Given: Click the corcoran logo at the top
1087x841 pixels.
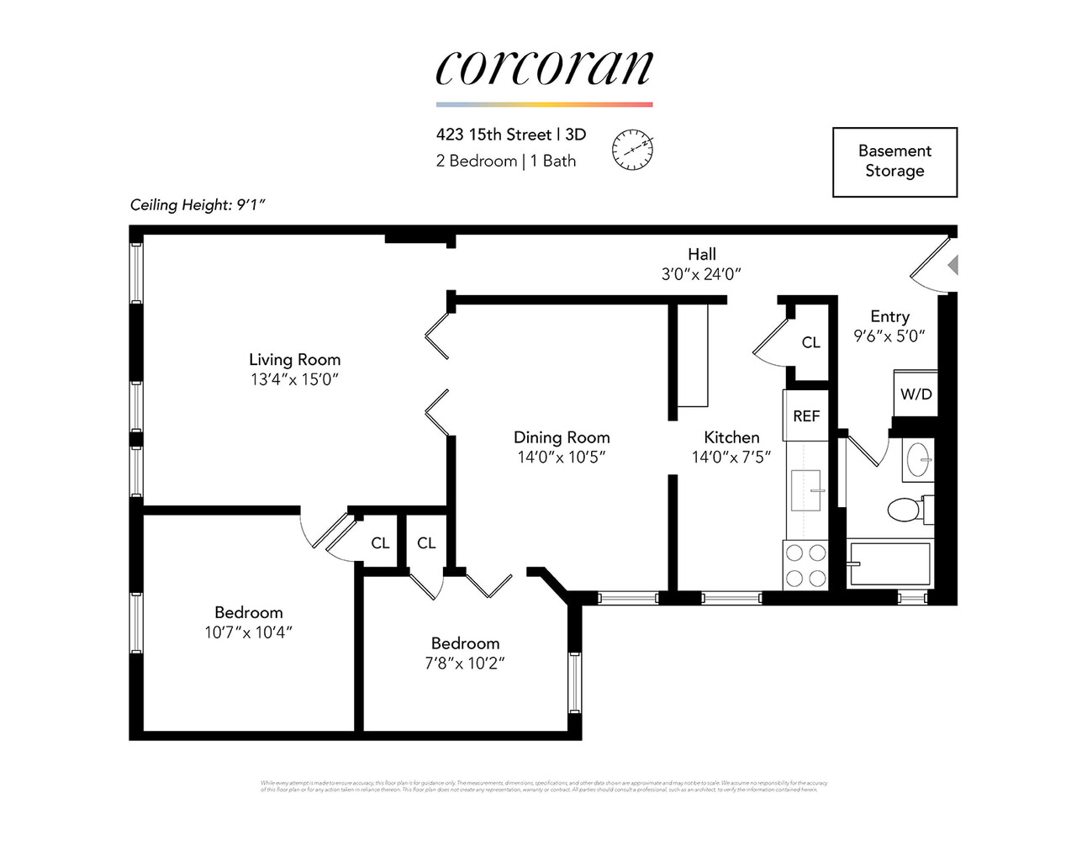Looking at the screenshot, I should click(x=544, y=68).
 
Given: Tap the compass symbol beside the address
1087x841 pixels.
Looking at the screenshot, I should click(x=632, y=151).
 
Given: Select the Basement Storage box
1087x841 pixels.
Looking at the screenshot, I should click(x=894, y=161).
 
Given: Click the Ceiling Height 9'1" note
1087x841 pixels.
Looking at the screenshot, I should click(x=198, y=204).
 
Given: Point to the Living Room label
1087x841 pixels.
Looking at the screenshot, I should click(x=294, y=360).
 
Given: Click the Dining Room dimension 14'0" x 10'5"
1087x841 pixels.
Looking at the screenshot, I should click(x=562, y=458).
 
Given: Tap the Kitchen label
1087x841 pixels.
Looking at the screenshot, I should click(x=731, y=437).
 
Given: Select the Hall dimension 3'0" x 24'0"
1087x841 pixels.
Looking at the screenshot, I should click(x=701, y=274).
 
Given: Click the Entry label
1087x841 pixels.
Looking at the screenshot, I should click(x=889, y=316).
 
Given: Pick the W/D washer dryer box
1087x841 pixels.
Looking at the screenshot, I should click(x=916, y=394).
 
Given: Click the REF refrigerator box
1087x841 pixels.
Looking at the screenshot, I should click(x=806, y=415).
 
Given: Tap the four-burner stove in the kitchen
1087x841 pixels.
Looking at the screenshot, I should click(x=805, y=566).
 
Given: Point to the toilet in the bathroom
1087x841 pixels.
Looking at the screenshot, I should click(x=906, y=510).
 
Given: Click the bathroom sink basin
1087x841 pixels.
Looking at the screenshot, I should click(x=918, y=460).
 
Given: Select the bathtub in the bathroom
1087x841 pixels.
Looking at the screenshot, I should click(x=889, y=563).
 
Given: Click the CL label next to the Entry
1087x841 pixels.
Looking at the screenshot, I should click(x=810, y=342).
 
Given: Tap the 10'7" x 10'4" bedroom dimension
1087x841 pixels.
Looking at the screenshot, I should click(x=248, y=632).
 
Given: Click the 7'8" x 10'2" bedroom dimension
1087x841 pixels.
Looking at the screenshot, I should click(x=465, y=664).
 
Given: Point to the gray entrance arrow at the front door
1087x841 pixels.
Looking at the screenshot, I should click(x=952, y=266).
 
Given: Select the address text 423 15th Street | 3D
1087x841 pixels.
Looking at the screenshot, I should click(x=511, y=135).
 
